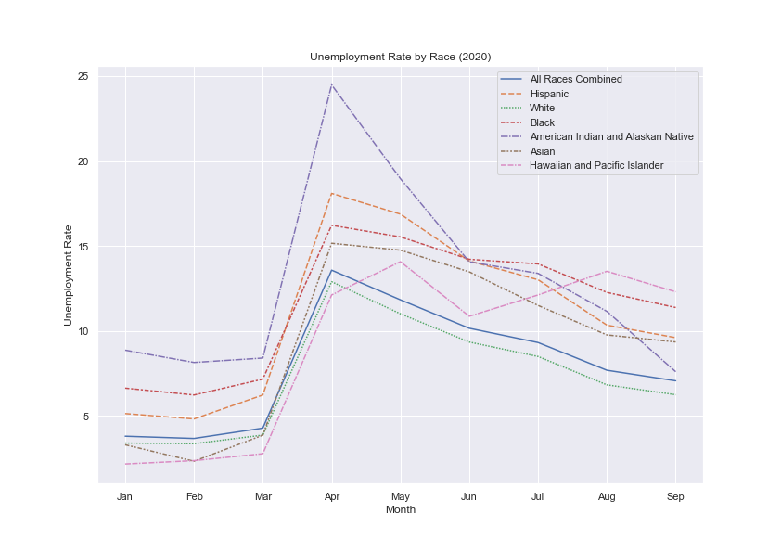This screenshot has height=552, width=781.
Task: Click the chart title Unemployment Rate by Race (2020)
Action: (400, 57)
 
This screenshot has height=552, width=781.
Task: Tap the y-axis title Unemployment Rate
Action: (68, 275)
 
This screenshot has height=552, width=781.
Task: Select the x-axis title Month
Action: (400, 510)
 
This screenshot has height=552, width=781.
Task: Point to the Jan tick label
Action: (125, 496)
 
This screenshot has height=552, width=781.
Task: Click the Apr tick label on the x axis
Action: (331, 496)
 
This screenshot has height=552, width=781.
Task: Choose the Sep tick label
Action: (675, 496)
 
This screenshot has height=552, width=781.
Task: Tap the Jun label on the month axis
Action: (468, 496)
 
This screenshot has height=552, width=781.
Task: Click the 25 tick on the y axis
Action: (83, 76)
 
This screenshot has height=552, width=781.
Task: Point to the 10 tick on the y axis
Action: (83, 331)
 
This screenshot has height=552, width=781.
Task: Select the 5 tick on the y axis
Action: (85, 417)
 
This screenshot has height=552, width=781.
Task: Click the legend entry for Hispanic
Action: (549, 94)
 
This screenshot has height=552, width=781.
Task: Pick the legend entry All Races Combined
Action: (575, 79)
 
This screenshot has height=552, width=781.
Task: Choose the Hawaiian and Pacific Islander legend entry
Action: (596, 166)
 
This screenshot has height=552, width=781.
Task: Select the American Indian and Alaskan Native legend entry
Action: (611, 136)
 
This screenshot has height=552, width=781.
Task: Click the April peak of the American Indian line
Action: (331, 84)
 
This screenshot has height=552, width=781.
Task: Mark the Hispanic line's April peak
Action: (331, 194)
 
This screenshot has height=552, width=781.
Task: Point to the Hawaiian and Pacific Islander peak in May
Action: (400, 262)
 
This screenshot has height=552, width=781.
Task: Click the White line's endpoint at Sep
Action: (675, 394)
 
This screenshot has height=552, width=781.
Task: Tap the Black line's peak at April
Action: (331, 225)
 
